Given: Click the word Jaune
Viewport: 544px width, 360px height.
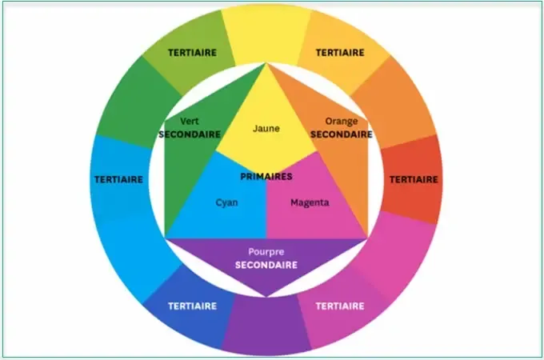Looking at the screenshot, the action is point(266,129).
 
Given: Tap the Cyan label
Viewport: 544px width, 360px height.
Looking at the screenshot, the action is point(226,202).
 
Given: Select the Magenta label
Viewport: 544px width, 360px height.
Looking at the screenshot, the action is point(310,202).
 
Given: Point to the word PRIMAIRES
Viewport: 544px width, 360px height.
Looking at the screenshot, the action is point(266,177).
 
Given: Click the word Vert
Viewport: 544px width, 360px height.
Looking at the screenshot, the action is point(190,122).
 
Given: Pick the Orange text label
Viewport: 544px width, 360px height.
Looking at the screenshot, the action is point(342,122).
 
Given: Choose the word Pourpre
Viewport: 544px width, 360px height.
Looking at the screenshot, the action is point(266,252).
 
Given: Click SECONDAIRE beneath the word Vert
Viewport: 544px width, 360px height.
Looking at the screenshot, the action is point(190,134).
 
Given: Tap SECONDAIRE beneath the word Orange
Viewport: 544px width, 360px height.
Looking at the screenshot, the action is point(342,134).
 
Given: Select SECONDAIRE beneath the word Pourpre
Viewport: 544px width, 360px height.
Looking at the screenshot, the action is point(266,266).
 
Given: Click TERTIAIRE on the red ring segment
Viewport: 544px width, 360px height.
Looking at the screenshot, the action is point(414,180).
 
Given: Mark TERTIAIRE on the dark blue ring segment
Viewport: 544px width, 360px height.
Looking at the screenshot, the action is point(193,306).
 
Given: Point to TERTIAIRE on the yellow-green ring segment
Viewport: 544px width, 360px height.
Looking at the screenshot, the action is point(193,53).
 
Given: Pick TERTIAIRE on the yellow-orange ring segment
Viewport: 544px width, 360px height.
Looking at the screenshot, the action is point(340,53).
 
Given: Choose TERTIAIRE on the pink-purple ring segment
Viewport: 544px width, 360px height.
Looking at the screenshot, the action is point(340,306).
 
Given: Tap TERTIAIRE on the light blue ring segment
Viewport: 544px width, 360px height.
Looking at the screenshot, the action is point(118,180).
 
